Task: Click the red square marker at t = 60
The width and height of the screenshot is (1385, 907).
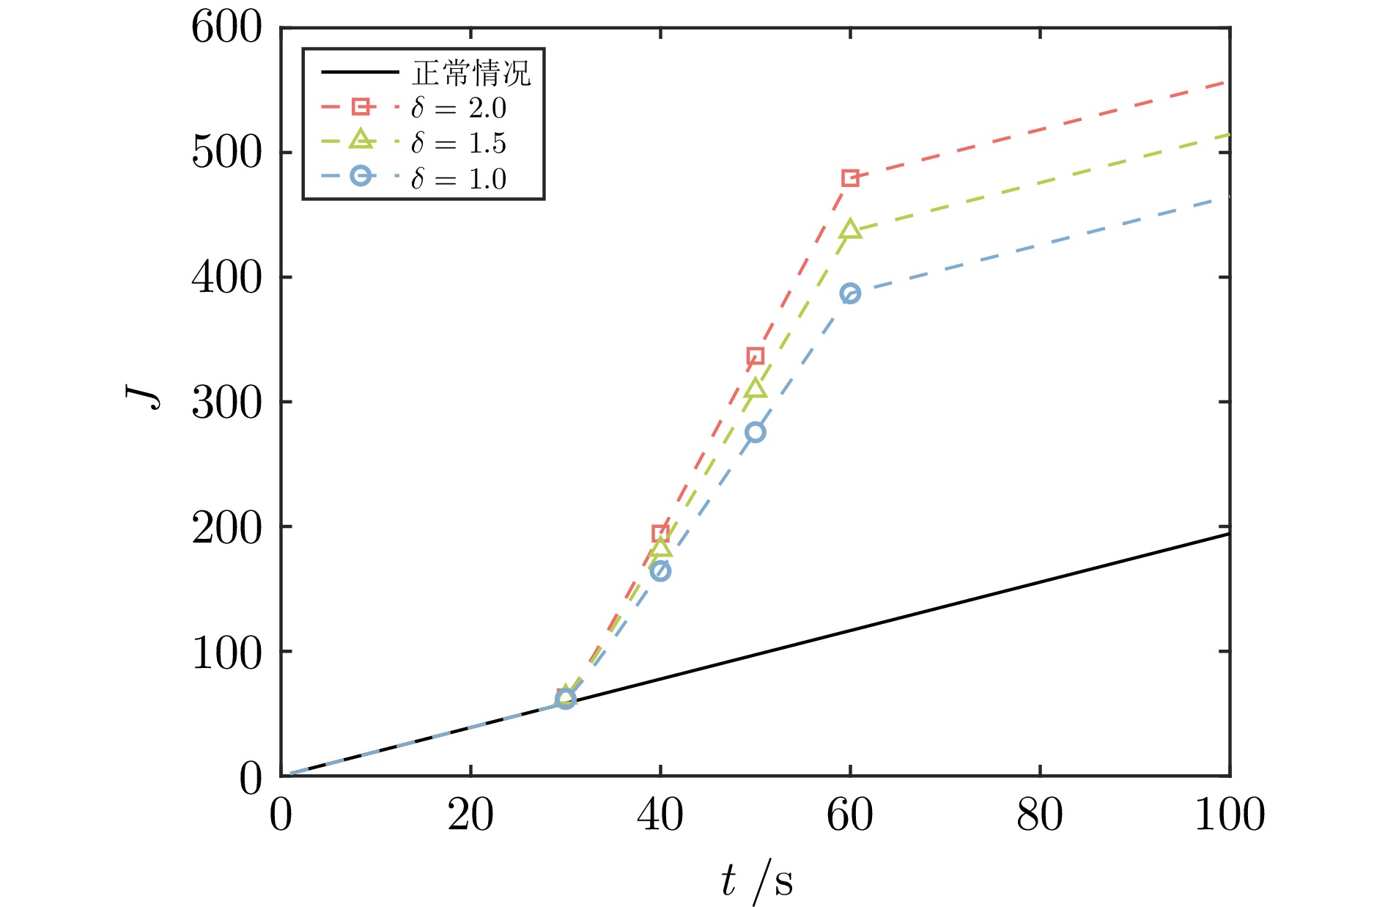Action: [x=850, y=178]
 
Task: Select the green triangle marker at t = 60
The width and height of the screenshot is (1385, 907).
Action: [x=850, y=229]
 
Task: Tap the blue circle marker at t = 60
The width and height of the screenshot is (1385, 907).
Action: [x=850, y=294]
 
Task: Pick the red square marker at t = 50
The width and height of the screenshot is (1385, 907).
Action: [x=755, y=356]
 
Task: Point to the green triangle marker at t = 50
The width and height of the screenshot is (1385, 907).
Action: [x=755, y=389]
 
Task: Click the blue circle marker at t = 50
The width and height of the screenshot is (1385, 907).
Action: [x=755, y=433]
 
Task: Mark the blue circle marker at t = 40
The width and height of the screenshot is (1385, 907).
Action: [x=660, y=571]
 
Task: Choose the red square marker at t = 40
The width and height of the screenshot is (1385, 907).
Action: [x=660, y=533]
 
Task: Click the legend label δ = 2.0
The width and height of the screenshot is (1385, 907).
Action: [x=459, y=109]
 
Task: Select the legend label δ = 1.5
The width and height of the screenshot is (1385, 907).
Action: [x=459, y=144]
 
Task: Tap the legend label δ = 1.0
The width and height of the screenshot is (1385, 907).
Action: [x=459, y=179]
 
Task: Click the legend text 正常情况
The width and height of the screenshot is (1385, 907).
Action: [x=471, y=73]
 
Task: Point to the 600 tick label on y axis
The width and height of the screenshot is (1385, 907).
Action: [x=226, y=29]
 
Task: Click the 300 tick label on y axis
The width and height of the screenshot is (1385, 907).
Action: [x=226, y=403]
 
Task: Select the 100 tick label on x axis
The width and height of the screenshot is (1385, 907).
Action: [x=1229, y=815]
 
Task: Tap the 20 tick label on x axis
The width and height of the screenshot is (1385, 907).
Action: [x=470, y=815]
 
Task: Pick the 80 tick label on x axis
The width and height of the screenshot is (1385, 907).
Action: [x=1040, y=815]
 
